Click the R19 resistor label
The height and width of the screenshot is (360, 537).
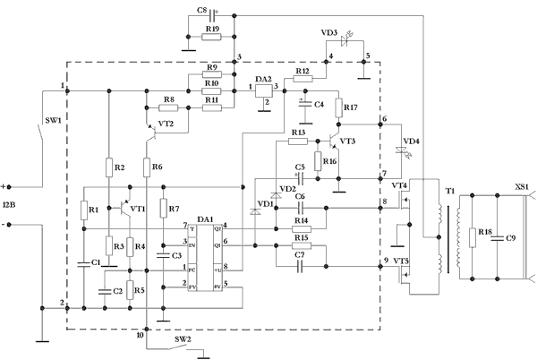[212, 29]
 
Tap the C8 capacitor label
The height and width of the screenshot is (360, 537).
[201, 12]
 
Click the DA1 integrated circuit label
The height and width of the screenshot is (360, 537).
[205, 219]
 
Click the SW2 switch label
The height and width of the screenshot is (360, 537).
[182, 340]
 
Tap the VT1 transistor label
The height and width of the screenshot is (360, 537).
[137, 208]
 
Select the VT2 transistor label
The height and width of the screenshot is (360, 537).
[166, 124]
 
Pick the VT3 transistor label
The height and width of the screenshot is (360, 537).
[347, 141]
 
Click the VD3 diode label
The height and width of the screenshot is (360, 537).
[328, 32]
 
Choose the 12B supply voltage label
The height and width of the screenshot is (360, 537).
[9, 207]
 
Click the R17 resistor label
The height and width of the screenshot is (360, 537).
[350, 107]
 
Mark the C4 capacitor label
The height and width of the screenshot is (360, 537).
[319, 104]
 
